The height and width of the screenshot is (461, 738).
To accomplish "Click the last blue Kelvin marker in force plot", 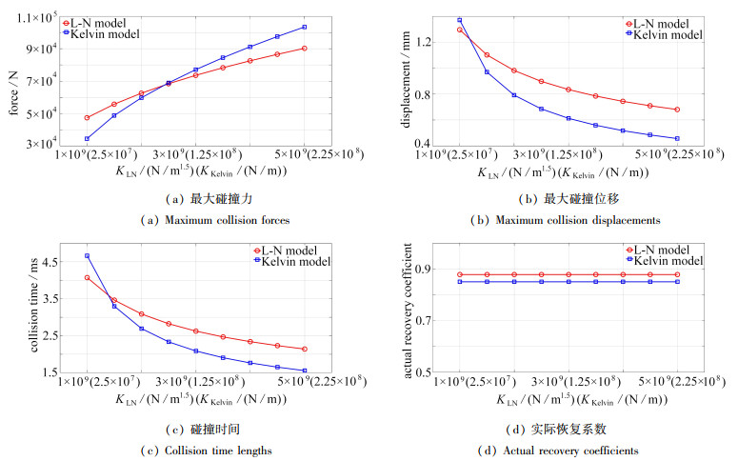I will pyautogui.click(x=304, y=27).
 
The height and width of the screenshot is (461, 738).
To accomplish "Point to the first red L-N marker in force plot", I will pyautogui.click(x=87, y=118).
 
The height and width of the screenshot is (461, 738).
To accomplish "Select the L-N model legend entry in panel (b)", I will pyautogui.click(x=664, y=23).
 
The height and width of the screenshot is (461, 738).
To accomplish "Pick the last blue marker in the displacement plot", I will pyautogui.click(x=677, y=139).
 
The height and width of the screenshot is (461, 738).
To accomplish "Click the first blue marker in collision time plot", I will pyautogui.click(x=87, y=255).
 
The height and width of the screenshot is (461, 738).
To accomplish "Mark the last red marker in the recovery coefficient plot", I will pyautogui.click(x=677, y=274).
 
